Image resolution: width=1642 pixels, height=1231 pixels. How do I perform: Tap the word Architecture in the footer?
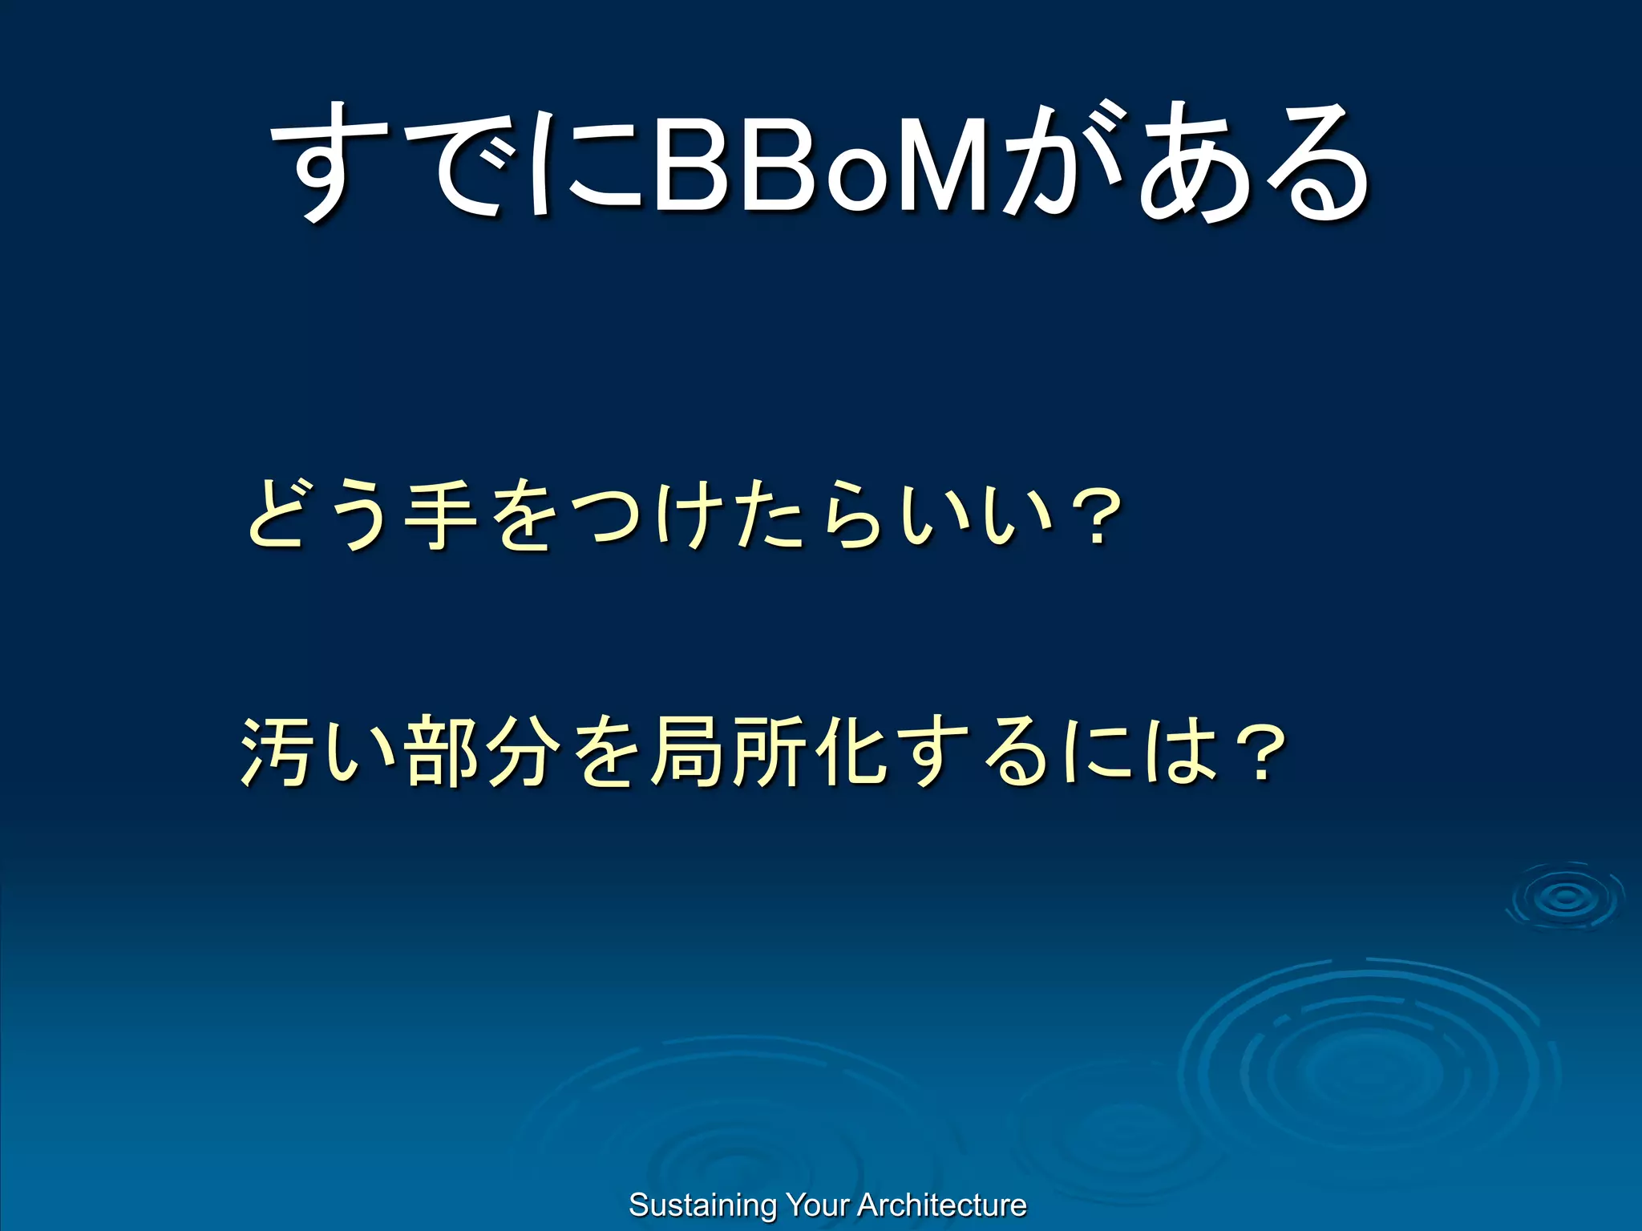pos(942,1205)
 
